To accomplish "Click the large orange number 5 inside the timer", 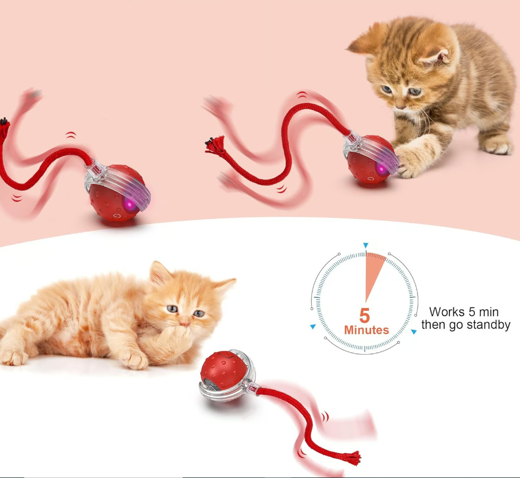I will [x=365, y=315].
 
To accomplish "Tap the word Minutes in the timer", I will [x=366, y=331].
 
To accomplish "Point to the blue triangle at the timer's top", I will [x=365, y=245].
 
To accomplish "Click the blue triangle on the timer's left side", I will [x=313, y=327].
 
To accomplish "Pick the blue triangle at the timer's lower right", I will [x=413, y=332].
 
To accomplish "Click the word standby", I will [x=489, y=325].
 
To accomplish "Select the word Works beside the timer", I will [x=447, y=312].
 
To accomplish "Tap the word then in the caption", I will [x=434, y=325].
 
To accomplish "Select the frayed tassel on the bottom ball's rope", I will [x=352, y=457].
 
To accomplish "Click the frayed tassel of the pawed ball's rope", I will [x=212, y=145].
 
